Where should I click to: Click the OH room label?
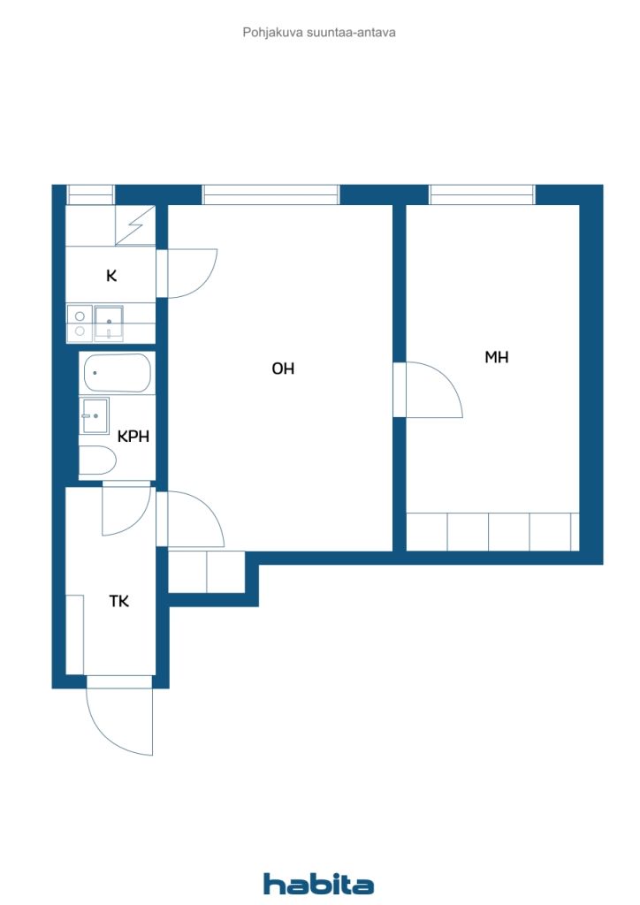tap(283, 369)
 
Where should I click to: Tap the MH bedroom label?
tap(496, 357)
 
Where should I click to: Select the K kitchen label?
tap(111, 276)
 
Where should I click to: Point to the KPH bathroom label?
tap(133, 437)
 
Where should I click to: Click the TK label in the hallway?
tap(118, 601)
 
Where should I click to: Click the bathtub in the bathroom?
tap(118, 373)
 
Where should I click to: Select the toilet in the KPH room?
tap(97, 460)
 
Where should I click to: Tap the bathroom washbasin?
tap(95, 415)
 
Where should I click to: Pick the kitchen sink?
tap(109, 322)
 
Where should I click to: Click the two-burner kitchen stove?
tap(80, 323)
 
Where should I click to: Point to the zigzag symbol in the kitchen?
tap(135, 225)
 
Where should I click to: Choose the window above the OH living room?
tap(270, 194)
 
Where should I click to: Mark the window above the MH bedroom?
tap(482, 194)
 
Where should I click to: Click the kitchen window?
tap(90, 194)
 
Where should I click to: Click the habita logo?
tap(318, 884)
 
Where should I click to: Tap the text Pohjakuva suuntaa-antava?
tap(319, 33)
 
